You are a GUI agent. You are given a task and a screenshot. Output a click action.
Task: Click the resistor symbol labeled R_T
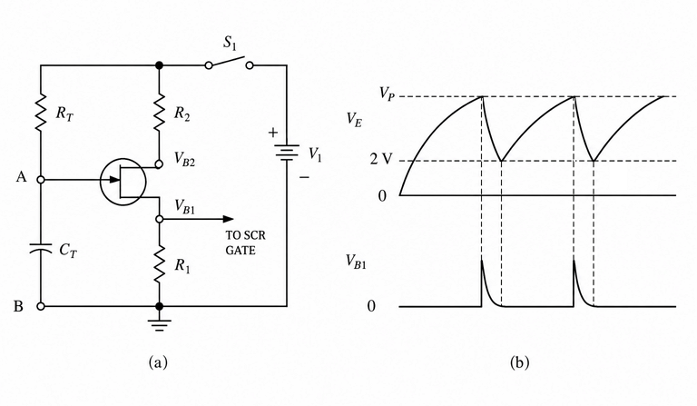click(41, 112)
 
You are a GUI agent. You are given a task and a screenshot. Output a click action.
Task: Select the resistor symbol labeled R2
click(159, 112)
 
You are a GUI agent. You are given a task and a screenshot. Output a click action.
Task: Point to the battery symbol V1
click(287, 152)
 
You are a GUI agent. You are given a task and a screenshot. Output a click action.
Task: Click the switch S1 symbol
click(229, 64)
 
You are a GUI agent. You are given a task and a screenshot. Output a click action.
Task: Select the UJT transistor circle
click(123, 182)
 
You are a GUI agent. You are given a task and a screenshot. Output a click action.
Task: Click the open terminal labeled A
click(41, 180)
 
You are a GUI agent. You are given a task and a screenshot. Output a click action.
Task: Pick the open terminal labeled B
click(41, 306)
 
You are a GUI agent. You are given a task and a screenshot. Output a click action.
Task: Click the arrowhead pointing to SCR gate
click(228, 219)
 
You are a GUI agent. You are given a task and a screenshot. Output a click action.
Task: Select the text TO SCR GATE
click(245, 243)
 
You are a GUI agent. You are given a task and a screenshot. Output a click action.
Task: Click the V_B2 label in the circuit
click(184, 158)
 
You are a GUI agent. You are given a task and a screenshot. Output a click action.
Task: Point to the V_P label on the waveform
click(387, 94)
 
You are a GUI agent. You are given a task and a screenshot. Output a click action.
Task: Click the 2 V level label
click(381, 159)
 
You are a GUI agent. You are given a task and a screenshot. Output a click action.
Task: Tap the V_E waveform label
click(354, 120)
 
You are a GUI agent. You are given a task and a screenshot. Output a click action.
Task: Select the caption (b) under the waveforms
click(519, 362)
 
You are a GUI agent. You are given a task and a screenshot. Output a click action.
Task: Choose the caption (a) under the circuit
click(158, 362)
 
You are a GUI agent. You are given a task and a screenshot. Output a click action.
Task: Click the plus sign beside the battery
click(272, 132)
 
